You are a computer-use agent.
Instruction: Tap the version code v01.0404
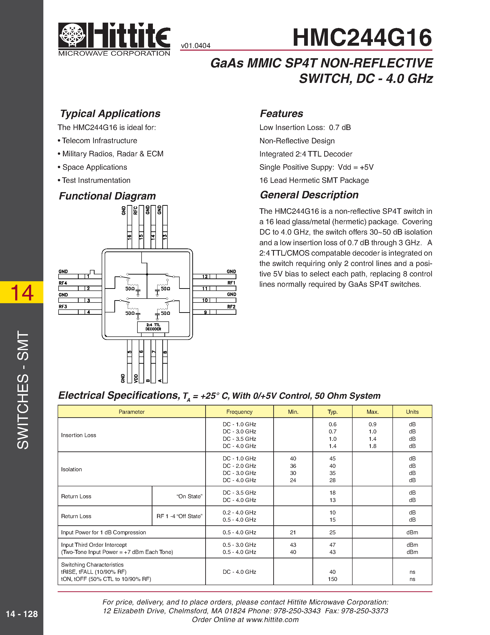click(x=195, y=46)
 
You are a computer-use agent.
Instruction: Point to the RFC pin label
click(x=135, y=210)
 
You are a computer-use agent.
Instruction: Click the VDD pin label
click(x=136, y=378)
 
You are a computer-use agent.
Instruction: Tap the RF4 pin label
click(x=63, y=283)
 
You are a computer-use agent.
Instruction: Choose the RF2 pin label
click(x=231, y=307)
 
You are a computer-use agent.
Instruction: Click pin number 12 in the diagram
click(x=205, y=276)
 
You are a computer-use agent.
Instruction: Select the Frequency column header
click(x=239, y=412)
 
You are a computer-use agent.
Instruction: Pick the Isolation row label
click(x=71, y=469)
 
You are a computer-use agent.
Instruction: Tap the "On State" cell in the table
click(x=189, y=496)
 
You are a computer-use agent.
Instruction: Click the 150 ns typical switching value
click(x=332, y=579)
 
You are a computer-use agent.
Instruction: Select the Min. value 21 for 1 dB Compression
click(x=293, y=532)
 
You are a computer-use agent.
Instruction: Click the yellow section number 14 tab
click(x=22, y=292)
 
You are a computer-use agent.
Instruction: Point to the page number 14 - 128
click(x=22, y=614)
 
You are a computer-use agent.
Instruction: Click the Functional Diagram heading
click(x=107, y=196)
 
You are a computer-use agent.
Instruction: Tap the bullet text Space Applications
click(x=95, y=167)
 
